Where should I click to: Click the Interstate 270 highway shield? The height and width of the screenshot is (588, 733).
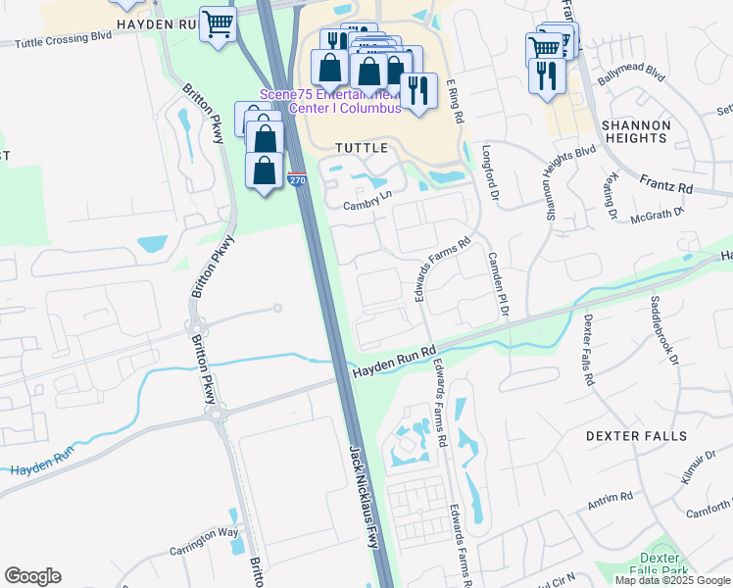(298, 179)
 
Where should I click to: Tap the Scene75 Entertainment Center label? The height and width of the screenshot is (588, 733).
(330, 101)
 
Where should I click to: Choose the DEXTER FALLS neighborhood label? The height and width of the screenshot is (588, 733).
(636, 435)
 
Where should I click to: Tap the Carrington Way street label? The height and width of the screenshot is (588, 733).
(204, 541)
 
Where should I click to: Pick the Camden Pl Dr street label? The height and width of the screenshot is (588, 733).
(498, 283)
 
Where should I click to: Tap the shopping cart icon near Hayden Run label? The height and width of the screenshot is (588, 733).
(218, 24)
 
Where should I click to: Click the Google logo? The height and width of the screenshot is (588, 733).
(32, 576)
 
